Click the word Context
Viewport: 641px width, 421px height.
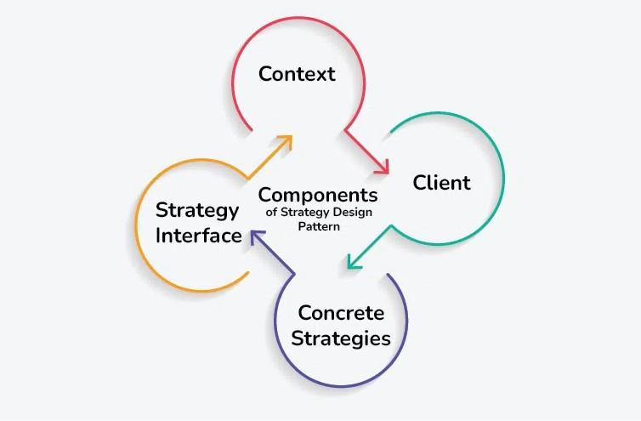click(297, 74)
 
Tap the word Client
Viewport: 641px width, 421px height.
click(441, 183)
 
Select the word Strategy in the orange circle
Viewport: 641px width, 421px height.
click(197, 211)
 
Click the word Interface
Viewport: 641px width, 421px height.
click(199, 236)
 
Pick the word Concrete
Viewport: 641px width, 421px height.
click(342, 313)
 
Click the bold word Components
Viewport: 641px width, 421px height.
click(318, 195)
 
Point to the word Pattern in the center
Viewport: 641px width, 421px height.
click(319, 227)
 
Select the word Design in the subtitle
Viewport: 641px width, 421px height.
click(352, 213)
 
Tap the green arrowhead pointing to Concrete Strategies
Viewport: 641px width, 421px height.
click(353, 262)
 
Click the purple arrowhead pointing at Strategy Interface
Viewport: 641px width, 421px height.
click(257, 237)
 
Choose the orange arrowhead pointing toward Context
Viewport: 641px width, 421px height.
click(286, 141)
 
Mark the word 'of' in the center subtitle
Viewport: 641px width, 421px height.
click(271, 213)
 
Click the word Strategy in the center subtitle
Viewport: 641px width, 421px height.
click(305, 213)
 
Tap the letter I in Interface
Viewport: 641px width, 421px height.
click(158, 236)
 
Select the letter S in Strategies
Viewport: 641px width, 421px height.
click(298, 339)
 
